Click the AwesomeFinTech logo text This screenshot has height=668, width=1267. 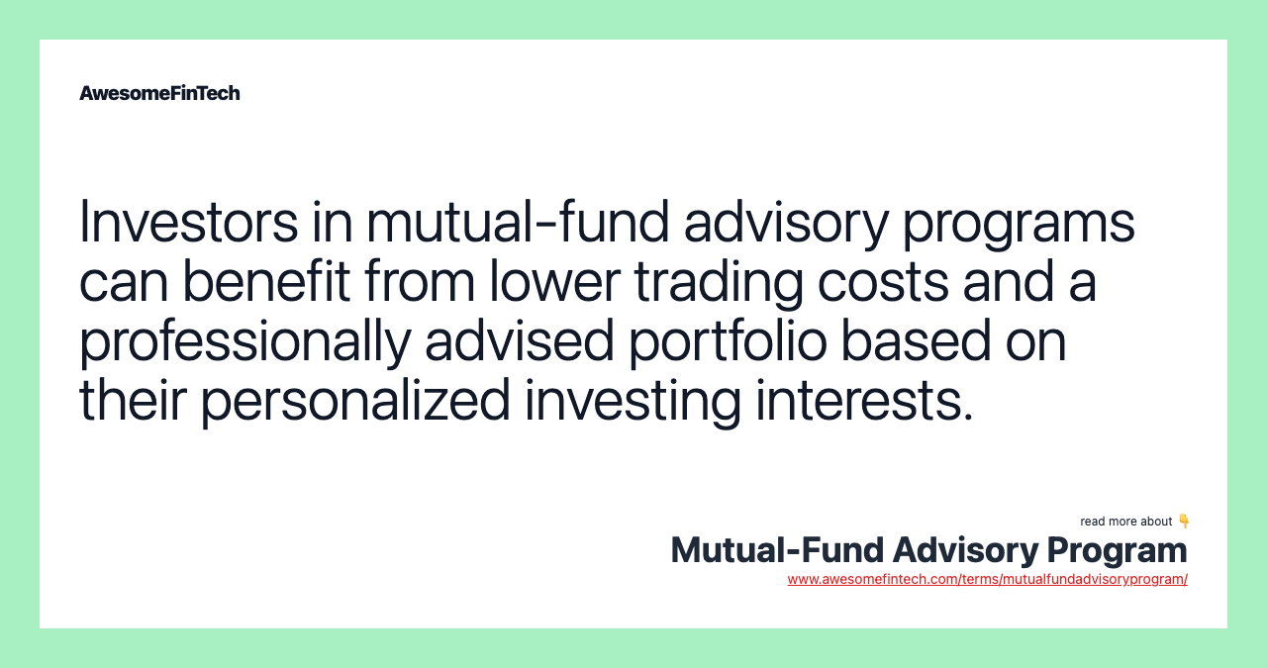click(x=159, y=93)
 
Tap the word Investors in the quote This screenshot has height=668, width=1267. click(x=188, y=222)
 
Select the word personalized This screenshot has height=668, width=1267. click(x=355, y=402)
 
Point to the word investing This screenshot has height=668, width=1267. click(x=633, y=402)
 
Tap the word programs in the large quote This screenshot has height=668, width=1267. click(x=1018, y=224)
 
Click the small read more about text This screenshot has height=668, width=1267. click(x=1125, y=522)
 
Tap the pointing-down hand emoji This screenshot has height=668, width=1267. click(x=1184, y=521)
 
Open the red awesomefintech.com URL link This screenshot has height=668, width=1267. click(x=987, y=579)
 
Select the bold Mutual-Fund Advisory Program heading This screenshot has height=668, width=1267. click(x=928, y=550)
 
